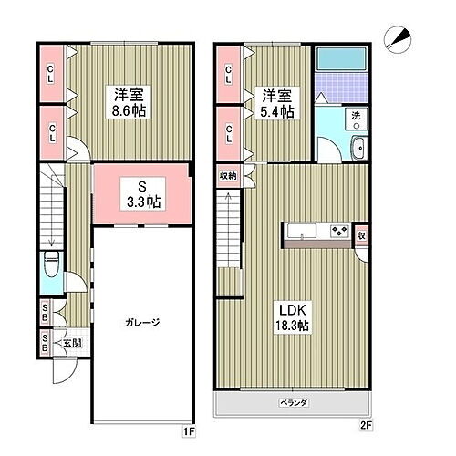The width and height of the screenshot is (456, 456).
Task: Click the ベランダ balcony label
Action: (x=294, y=402)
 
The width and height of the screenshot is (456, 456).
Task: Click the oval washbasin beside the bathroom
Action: (x=358, y=150)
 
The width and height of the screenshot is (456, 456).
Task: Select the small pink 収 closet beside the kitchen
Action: (x=362, y=234)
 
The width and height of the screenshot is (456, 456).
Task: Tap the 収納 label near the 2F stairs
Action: (x=227, y=175)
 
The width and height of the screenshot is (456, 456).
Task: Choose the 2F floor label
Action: (x=367, y=426)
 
